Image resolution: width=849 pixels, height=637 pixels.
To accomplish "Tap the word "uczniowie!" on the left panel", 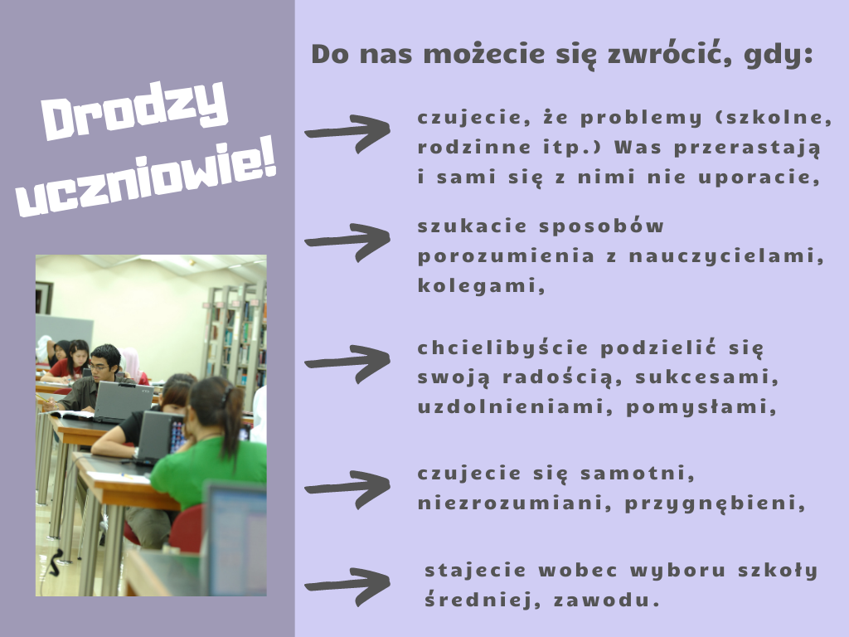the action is click(x=147, y=179).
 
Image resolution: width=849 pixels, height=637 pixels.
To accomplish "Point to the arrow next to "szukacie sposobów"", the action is click(x=347, y=241).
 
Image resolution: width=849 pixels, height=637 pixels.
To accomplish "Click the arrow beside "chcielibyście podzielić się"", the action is click(x=347, y=363).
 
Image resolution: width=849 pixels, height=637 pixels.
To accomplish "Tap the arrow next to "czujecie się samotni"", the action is click(x=347, y=489).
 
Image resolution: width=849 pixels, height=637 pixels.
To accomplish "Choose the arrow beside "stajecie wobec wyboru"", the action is click(x=347, y=586).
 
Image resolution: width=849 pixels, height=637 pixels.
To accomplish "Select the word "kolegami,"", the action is click(x=482, y=286).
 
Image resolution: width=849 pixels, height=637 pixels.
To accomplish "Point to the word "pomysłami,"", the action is click(x=701, y=407).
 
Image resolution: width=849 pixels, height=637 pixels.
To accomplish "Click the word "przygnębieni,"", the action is click(x=716, y=503).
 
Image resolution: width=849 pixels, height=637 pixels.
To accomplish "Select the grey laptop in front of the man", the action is click(x=123, y=401).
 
